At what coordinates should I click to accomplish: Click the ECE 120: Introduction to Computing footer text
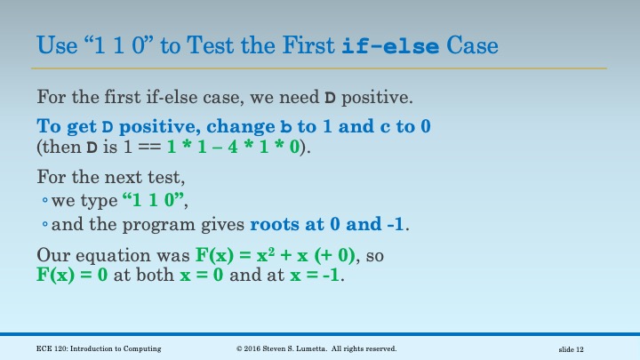[x=99, y=348]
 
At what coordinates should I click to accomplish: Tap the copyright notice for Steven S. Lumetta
[x=316, y=348]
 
